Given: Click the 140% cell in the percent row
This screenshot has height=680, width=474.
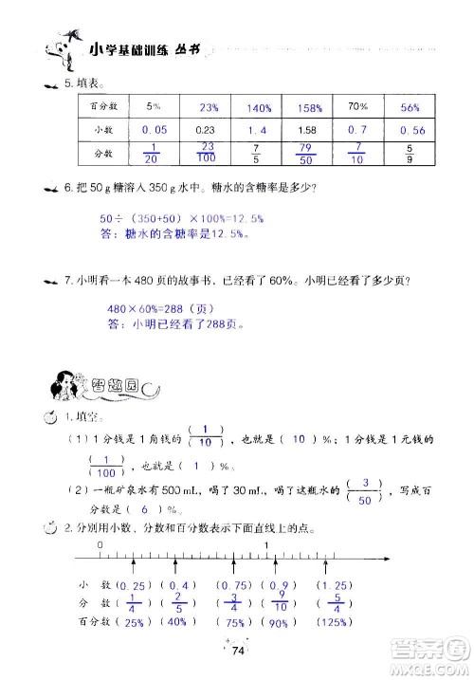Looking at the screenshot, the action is click(256, 107).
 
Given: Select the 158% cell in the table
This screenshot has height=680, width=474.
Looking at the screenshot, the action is click(306, 107).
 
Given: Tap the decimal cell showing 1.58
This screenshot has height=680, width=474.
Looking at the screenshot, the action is click(306, 129).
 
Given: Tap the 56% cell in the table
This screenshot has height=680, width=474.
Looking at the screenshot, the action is click(409, 107).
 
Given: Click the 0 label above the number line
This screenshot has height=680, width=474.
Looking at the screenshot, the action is click(100, 545).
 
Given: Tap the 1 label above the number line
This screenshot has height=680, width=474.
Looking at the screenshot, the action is click(268, 545).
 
